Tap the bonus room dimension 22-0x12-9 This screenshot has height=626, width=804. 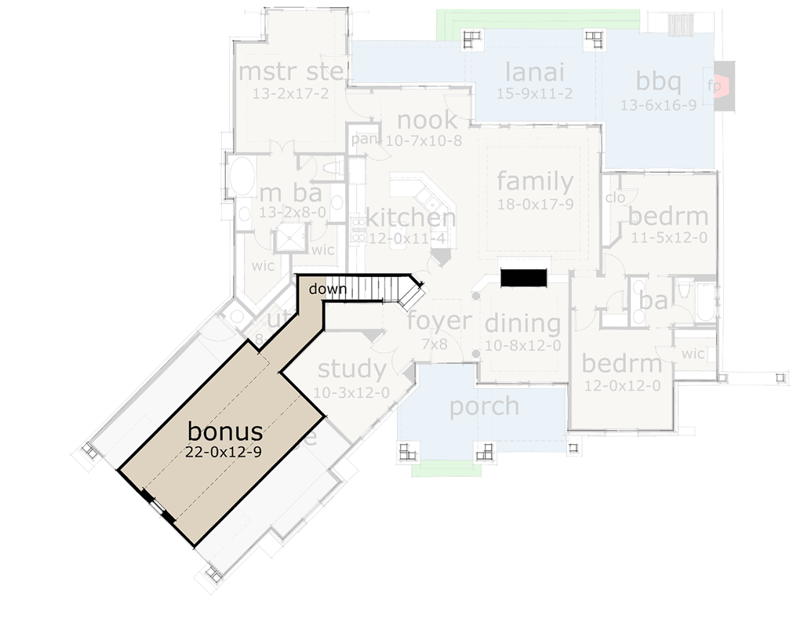224,451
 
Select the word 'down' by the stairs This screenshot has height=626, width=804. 327,289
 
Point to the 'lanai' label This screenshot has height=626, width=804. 535,72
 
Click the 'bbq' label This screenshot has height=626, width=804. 658,81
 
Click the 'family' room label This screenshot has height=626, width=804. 535,181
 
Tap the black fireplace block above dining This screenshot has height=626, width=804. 523,278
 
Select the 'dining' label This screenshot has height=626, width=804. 522,323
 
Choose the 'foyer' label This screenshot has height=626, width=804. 439,320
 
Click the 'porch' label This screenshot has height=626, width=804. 484,406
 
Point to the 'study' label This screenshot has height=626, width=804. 351,368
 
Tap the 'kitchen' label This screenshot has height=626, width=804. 410,217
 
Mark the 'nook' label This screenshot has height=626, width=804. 427,120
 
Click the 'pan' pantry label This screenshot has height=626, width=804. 364,139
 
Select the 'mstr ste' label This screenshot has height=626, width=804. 291,72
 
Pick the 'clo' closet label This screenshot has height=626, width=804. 616,198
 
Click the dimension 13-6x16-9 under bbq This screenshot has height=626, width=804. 658,106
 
